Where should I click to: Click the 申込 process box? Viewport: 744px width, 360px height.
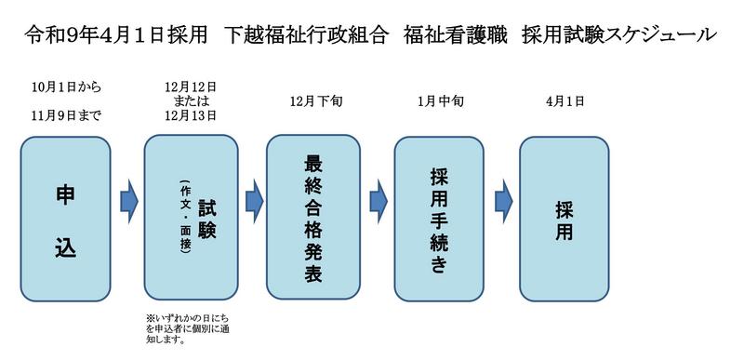65,220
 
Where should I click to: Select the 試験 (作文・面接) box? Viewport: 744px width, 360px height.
192,218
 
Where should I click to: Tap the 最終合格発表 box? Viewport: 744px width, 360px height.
313,217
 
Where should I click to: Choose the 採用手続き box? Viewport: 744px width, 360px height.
439,220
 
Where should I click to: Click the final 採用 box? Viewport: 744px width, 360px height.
565,220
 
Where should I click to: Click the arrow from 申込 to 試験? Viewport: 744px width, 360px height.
128,201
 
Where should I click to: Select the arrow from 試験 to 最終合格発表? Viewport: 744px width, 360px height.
254,201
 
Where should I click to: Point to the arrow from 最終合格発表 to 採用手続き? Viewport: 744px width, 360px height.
379,201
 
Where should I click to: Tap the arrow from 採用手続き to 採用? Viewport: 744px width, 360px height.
503,201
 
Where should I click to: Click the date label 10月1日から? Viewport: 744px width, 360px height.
66,87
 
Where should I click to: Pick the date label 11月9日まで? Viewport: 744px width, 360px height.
66,116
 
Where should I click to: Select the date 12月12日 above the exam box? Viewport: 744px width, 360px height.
191,87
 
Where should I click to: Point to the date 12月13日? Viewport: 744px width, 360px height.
191,115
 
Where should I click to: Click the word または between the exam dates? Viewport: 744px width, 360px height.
192,101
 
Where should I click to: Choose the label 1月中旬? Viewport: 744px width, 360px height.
439,101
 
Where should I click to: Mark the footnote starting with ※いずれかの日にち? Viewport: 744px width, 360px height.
189,328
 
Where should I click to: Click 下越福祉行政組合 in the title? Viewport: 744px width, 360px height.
305,35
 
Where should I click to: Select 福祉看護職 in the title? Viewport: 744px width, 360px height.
454,35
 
